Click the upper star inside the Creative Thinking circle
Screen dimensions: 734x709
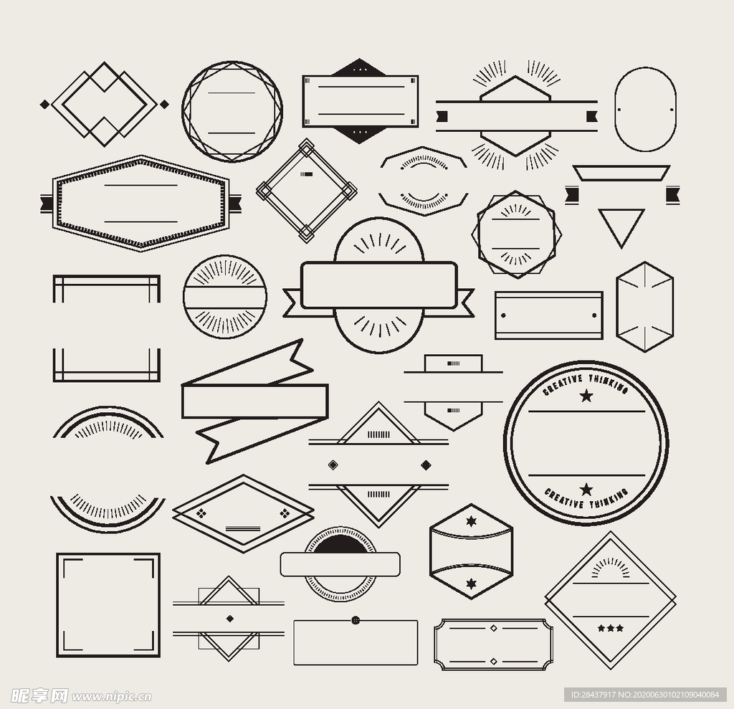(586, 396)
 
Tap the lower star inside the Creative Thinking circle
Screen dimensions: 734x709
(586, 490)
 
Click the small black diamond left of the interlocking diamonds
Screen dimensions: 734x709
(44, 104)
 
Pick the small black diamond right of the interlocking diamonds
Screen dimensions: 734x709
(164, 104)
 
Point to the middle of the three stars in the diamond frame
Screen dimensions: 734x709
(611, 628)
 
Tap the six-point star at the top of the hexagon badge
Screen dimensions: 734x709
(472, 520)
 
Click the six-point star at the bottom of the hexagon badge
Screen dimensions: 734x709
(472, 584)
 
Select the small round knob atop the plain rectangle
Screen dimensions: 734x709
(356, 620)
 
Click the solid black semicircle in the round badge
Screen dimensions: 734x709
(340, 543)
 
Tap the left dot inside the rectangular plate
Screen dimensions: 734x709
(503, 315)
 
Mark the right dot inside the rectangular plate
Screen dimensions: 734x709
(594, 315)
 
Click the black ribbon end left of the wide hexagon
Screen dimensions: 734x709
(47, 204)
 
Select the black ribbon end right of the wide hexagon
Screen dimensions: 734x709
(235, 204)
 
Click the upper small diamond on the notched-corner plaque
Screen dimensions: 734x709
(493, 628)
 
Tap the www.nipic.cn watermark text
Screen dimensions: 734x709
(111, 697)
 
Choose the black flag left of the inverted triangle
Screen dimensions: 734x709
(571, 195)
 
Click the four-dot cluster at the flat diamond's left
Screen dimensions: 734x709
(201, 513)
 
